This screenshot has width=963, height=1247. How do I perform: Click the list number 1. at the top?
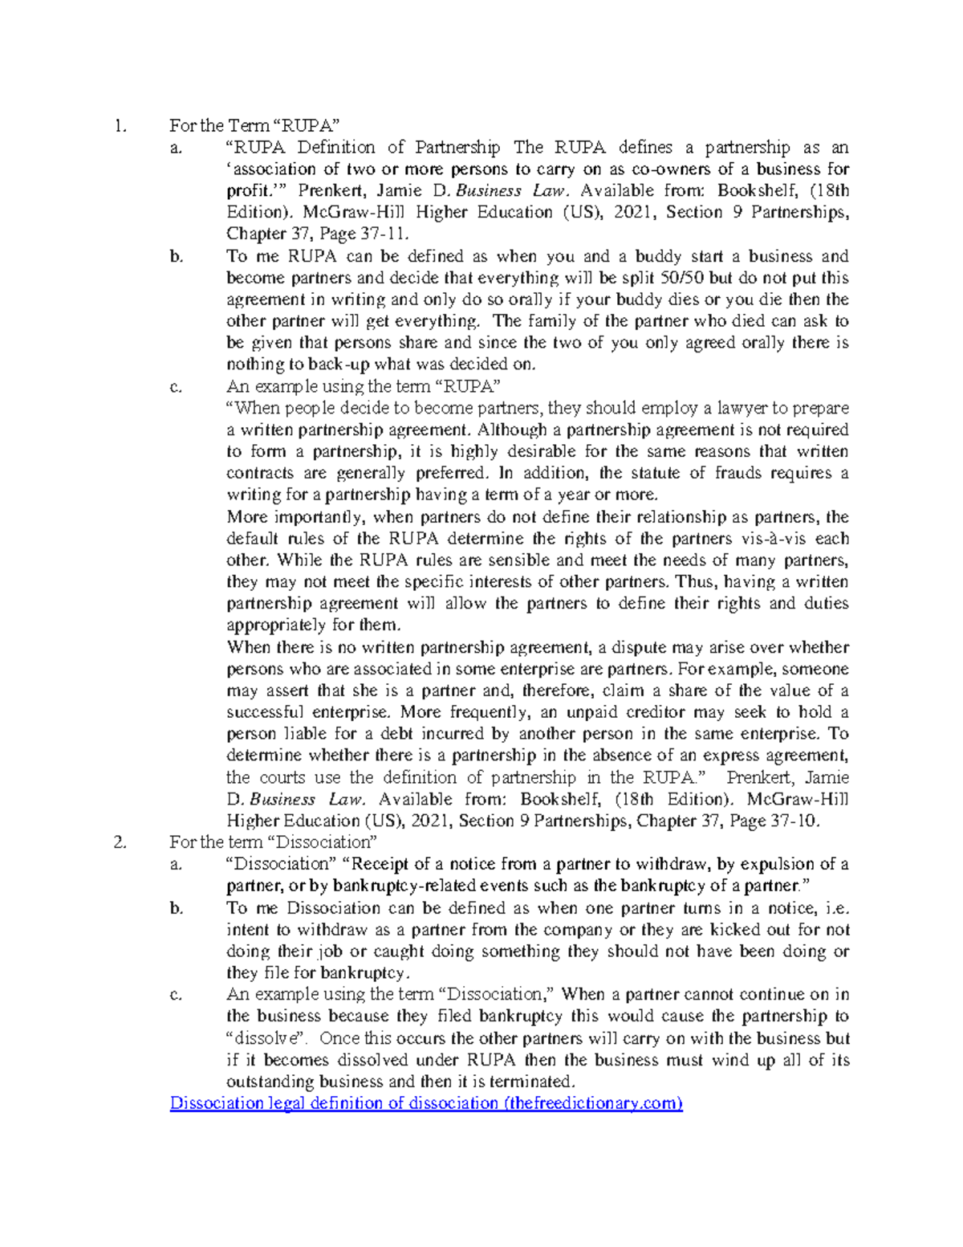(120, 125)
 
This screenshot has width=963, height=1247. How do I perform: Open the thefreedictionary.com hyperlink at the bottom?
(425, 1103)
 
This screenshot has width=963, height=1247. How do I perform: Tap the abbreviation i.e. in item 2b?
(835, 908)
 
